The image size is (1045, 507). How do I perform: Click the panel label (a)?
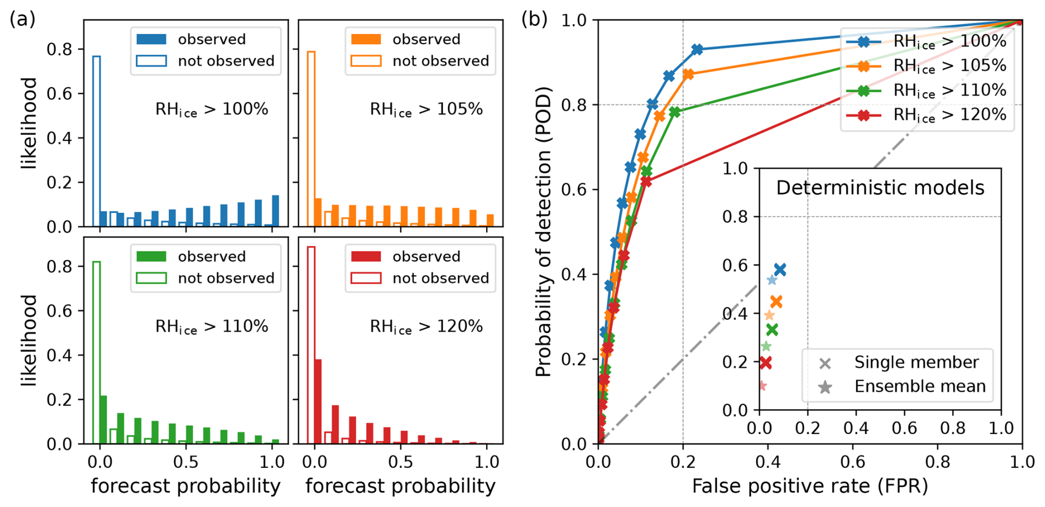[23, 19]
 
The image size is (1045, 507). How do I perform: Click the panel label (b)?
[534, 19]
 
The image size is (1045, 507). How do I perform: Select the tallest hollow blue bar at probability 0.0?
[96, 141]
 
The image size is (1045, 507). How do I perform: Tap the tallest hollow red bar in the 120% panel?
[311, 345]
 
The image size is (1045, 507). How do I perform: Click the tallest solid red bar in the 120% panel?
[318, 402]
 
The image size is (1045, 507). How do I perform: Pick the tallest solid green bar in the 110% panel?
[103, 420]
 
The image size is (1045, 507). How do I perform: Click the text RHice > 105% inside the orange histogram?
[426, 109]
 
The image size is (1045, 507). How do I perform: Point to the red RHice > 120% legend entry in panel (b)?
[928, 115]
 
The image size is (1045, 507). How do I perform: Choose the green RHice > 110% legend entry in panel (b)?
[928, 91]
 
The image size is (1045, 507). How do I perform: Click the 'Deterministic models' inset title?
[880, 188]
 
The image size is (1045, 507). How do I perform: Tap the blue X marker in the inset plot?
[780, 270]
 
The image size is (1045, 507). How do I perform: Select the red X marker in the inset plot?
[766, 363]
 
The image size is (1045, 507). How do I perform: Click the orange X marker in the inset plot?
[776, 302]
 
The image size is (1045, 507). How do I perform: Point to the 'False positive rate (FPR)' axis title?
[810, 486]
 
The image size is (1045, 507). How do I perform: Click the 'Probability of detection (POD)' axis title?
[544, 231]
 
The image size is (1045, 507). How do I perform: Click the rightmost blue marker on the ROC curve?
[697, 50]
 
